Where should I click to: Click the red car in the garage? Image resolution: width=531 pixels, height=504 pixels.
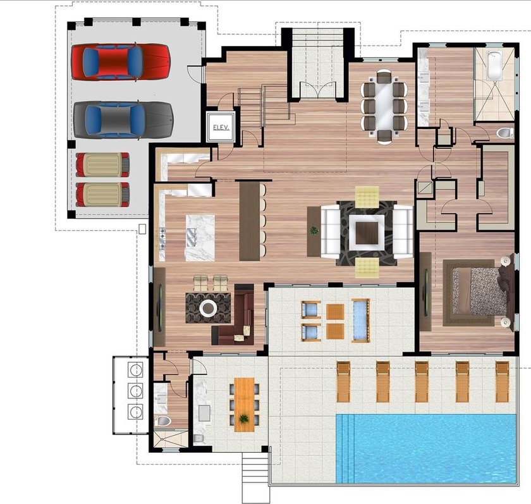(120, 61)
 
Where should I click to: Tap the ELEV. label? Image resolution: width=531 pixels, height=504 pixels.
(221, 127)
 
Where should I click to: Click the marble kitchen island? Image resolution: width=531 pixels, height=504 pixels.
(200, 237)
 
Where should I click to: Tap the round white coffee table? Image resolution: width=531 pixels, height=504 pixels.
(208, 308)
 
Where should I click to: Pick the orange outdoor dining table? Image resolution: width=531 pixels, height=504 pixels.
(244, 405)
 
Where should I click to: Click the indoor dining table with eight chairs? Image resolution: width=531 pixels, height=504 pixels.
(384, 106)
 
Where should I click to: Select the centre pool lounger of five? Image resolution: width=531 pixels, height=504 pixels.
(422, 381)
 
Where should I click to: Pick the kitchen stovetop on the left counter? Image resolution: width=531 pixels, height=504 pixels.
(162, 236)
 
